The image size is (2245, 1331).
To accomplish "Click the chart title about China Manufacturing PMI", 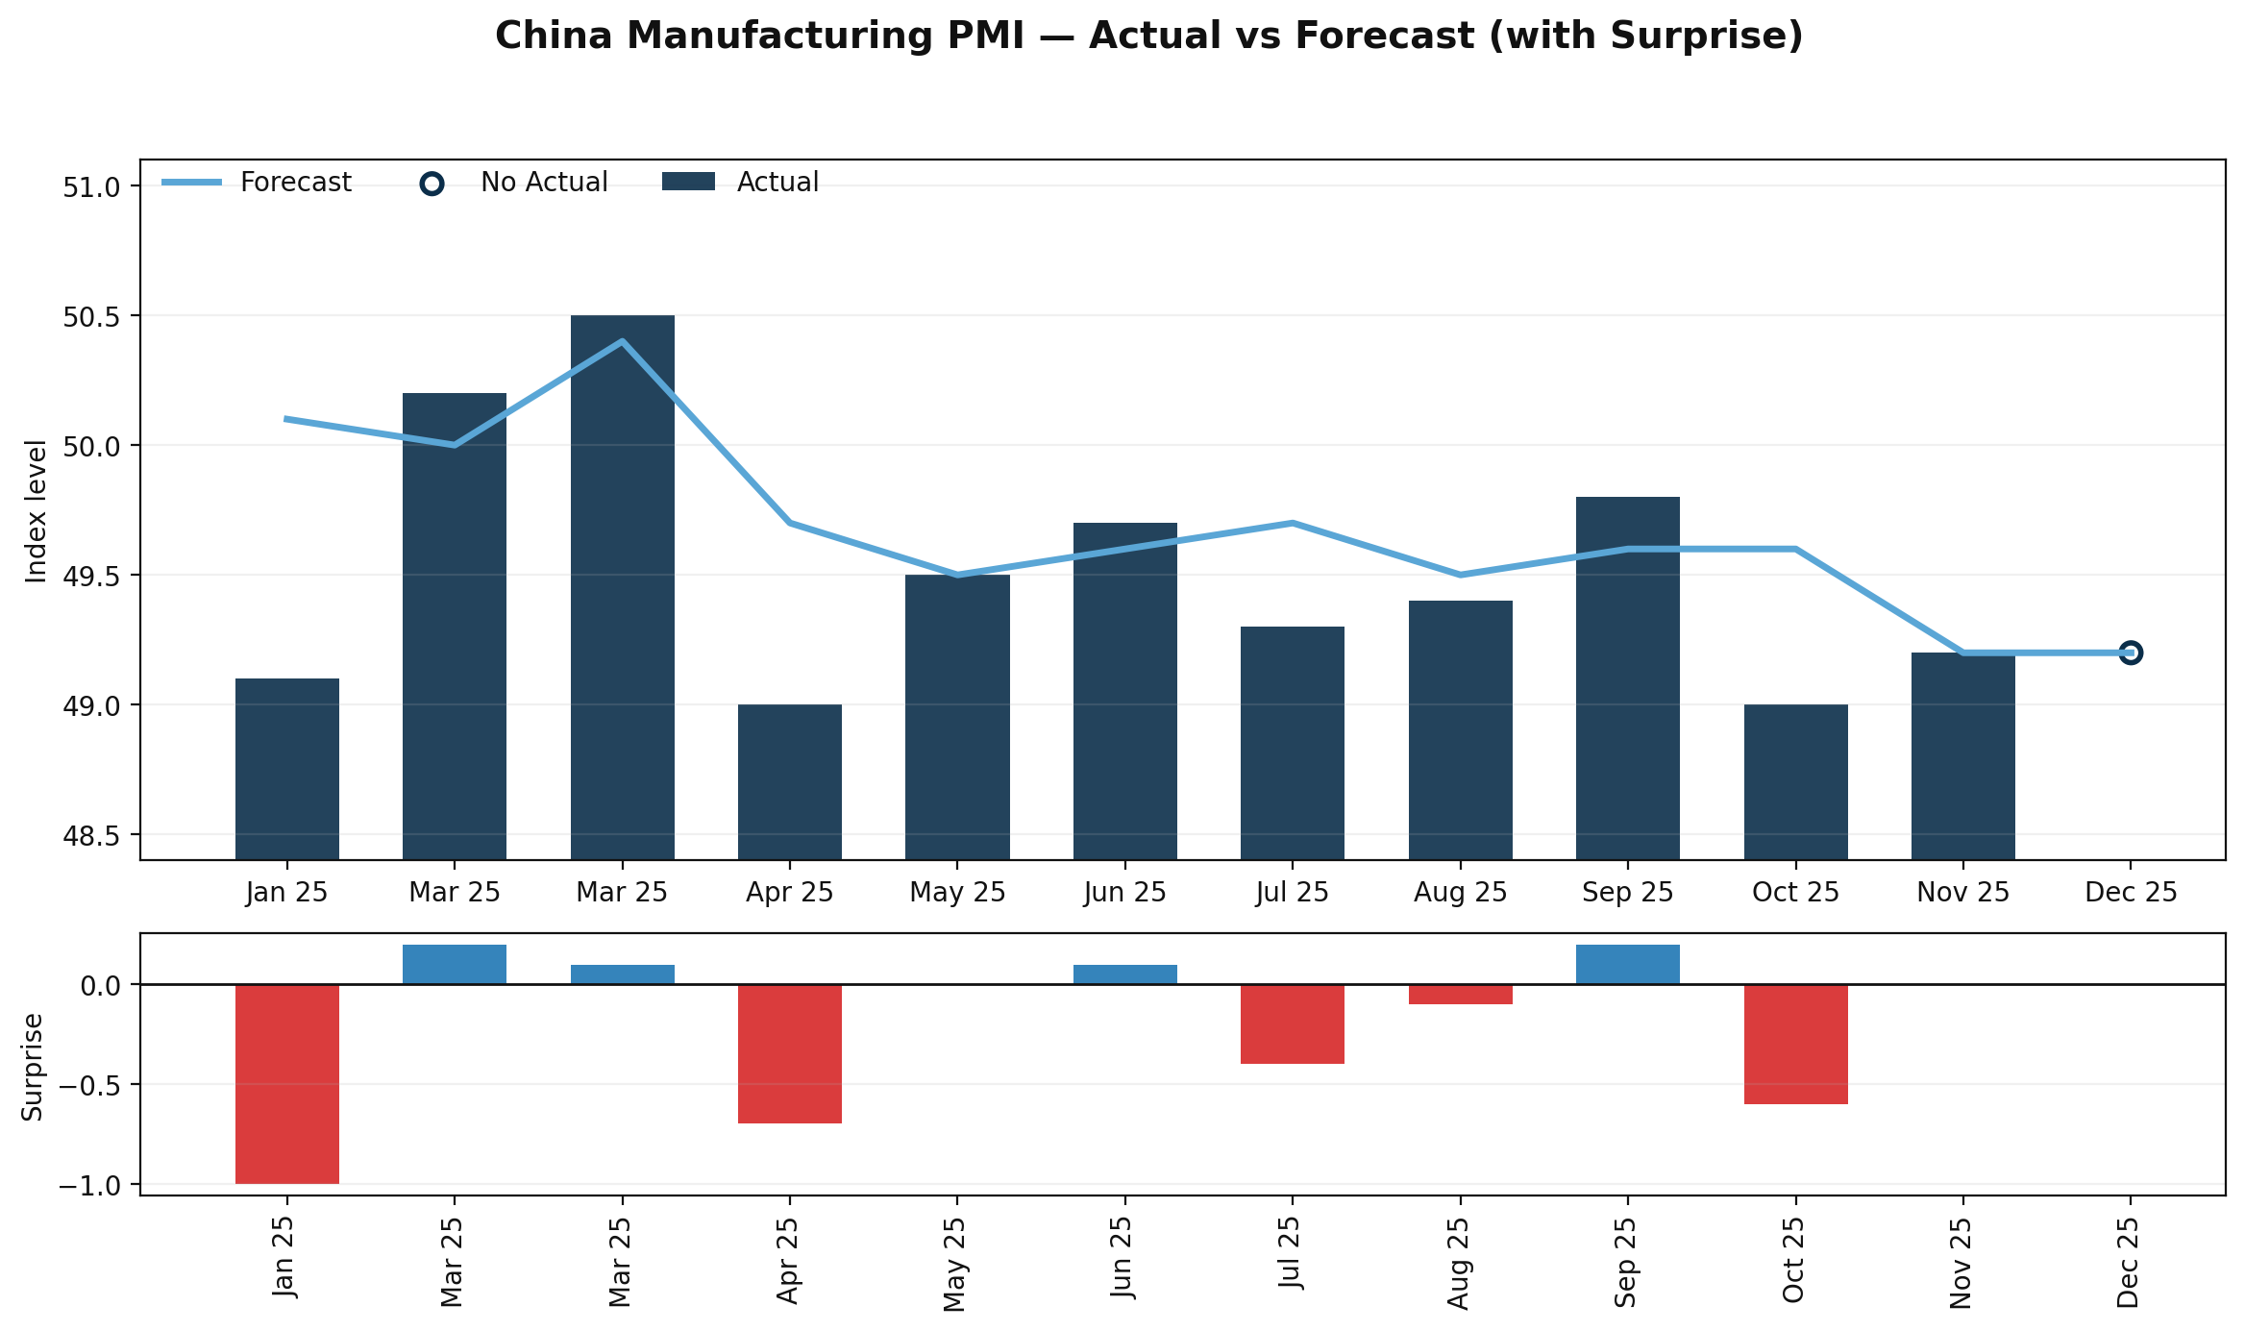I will click(1148, 37).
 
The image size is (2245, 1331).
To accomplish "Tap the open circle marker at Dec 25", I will click(2130, 653).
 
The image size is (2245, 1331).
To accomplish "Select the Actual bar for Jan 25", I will click(287, 769).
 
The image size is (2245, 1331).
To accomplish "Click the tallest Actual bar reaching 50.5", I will click(622, 586).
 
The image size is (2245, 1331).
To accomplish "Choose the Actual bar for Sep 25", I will click(1627, 678).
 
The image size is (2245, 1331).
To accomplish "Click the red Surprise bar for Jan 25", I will click(287, 1084).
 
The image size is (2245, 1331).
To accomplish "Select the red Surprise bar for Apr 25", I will click(790, 1053).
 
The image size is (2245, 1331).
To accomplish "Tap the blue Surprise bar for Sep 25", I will click(1627, 965).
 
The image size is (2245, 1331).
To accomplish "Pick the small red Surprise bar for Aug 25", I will click(1460, 994).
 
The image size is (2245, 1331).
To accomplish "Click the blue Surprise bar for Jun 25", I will click(1124, 974).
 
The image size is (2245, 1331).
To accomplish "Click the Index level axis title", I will click(37, 510).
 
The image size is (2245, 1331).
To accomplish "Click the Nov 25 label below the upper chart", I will click(1962, 893).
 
